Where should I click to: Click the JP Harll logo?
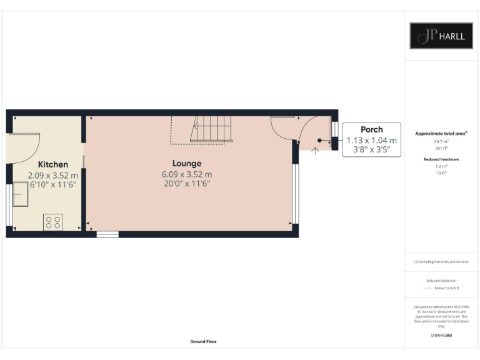[x=441, y=36]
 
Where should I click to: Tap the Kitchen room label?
[x=52, y=164]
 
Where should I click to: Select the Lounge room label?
[x=187, y=163]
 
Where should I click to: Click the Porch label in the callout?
[x=371, y=130]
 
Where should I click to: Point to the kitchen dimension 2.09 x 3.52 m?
[x=52, y=176]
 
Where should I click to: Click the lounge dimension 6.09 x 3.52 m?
[x=187, y=174]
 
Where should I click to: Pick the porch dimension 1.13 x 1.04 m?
[x=371, y=141]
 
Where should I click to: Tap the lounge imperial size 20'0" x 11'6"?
[x=187, y=184]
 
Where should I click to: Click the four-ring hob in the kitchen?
[x=53, y=222]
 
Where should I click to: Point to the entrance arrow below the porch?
[x=314, y=151]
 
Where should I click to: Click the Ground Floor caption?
[x=203, y=342]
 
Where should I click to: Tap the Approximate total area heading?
[x=441, y=134]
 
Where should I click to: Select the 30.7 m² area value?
[x=441, y=141]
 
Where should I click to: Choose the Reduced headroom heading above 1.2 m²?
[x=441, y=160]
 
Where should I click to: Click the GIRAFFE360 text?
[x=441, y=336]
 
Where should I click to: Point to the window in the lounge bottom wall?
[x=107, y=234]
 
